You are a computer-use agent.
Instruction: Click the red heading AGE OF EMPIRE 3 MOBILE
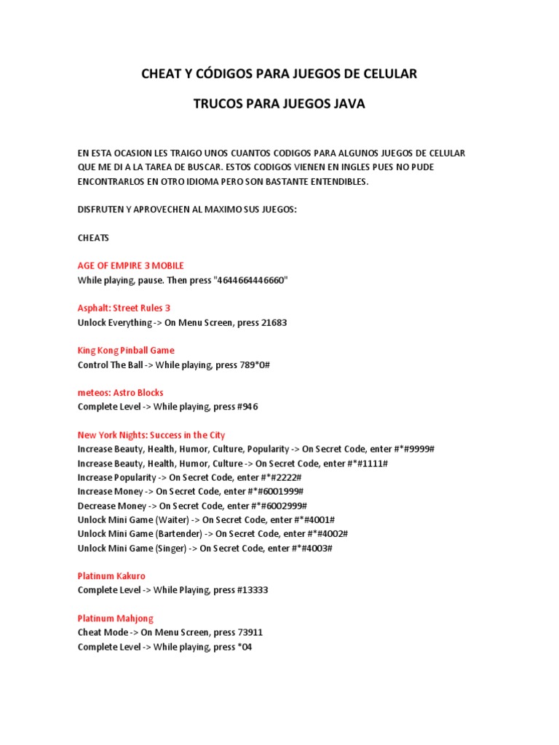pos(130,266)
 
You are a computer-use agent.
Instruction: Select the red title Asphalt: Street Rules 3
pos(124,308)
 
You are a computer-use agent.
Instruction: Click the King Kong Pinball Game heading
pos(126,350)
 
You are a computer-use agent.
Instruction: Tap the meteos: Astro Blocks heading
pos(120,392)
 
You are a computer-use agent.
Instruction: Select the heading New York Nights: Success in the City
pos(151,434)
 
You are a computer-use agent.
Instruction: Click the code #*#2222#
pos(279,477)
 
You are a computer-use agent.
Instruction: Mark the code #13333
pos(258,590)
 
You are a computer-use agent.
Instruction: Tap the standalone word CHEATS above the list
pos(92,238)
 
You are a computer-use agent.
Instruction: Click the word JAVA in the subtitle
pos(349,104)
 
